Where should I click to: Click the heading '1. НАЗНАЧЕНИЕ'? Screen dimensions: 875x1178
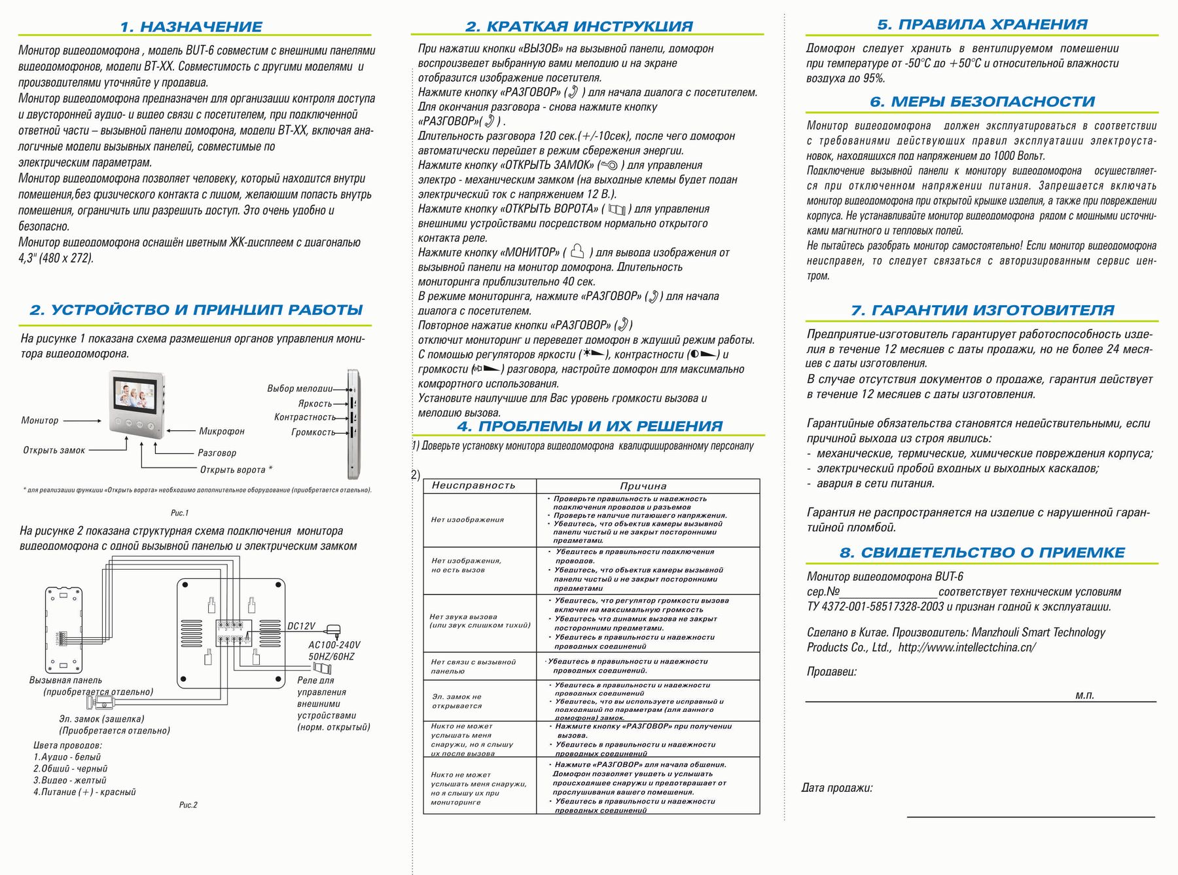click(x=191, y=27)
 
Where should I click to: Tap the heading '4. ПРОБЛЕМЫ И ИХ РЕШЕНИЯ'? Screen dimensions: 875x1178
click(x=590, y=426)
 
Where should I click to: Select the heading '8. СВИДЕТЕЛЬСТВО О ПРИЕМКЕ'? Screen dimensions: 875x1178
click(x=982, y=553)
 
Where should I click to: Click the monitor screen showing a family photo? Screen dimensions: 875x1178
click(x=135, y=394)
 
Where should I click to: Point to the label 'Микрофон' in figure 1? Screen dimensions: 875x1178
click(x=222, y=431)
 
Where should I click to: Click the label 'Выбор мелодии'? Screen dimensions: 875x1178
click(x=299, y=388)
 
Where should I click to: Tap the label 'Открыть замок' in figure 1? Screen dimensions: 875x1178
click(x=54, y=451)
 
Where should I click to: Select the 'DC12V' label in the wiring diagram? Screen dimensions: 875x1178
click(x=302, y=626)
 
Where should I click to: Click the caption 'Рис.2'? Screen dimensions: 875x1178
click(x=188, y=805)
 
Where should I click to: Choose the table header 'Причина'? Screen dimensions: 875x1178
click(x=643, y=486)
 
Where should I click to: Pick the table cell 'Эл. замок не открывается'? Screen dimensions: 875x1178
click(x=457, y=701)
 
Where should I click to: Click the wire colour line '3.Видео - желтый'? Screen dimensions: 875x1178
click(x=69, y=780)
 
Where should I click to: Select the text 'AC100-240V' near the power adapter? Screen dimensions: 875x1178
click(x=334, y=645)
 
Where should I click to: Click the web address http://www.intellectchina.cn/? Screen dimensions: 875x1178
click(x=967, y=647)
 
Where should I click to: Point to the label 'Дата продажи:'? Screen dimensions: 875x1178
click(x=836, y=788)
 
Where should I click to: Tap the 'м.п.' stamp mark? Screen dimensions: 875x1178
click(x=1084, y=696)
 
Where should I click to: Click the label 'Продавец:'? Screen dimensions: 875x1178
click(x=831, y=671)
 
